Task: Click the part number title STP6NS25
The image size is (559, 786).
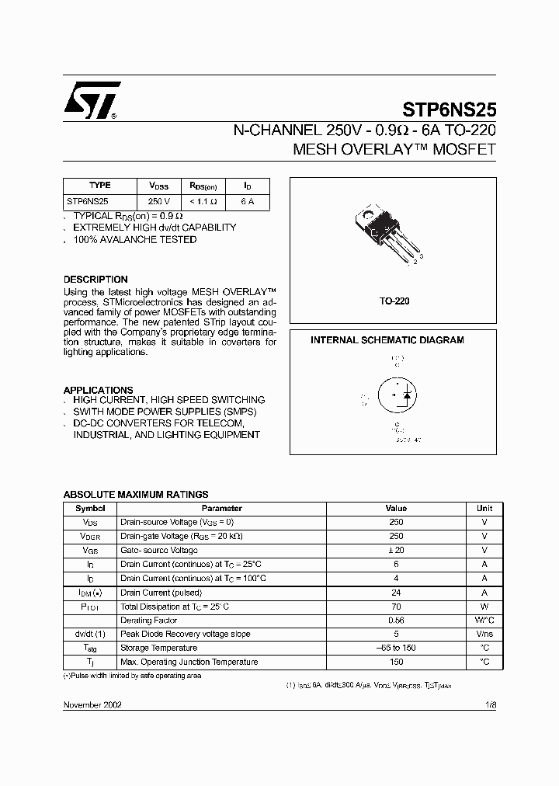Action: pyautogui.click(x=449, y=110)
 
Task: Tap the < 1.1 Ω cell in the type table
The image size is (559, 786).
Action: pyautogui.click(x=203, y=201)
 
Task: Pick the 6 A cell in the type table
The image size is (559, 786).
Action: pyautogui.click(x=247, y=201)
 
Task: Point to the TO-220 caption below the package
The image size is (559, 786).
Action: pyautogui.click(x=394, y=301)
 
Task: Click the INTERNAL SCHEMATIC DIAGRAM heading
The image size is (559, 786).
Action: pyautogui.click(x=387, y=340)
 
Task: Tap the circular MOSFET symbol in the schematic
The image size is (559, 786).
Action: pyautogui.click(x=397, y=396)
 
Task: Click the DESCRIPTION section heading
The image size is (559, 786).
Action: pyautogui.click(x=95, y=280)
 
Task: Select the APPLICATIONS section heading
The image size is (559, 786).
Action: pyautogui.click(x=98, y=390)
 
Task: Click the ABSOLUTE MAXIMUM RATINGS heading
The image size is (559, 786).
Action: pyautogui.click(x=135, y=494)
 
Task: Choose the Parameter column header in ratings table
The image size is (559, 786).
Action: pyautogui.click(x=222, y=508)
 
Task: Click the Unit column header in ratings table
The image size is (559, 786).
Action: pyautogui.click(x=484, y=508)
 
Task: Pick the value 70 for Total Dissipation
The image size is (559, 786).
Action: pyautogui.click(x=396, y=606)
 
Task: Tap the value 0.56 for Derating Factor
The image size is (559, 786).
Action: pyautogui.click(x=396, y=620)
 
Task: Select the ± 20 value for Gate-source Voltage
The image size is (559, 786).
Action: pyautogui.click(x=396, y=550)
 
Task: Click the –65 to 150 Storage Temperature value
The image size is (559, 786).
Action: pyautogui.click(x=396, y=648)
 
